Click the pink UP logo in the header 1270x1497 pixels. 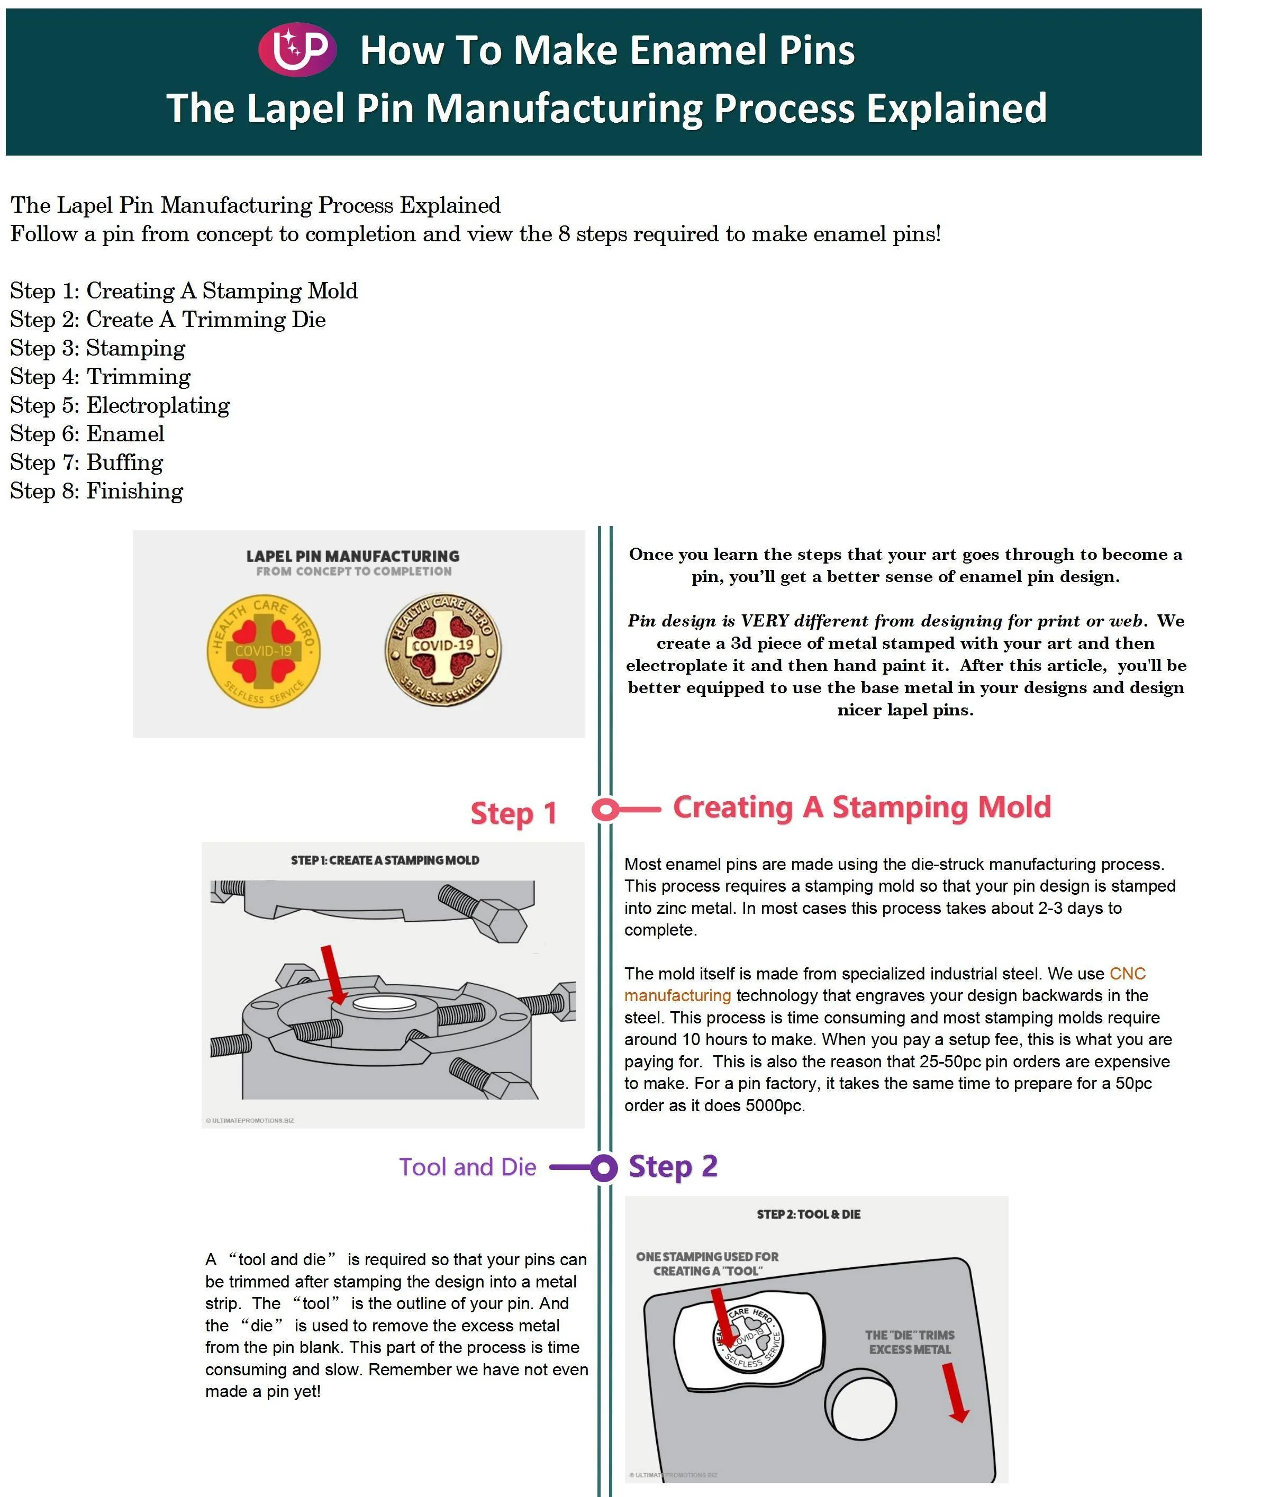click(297, 49)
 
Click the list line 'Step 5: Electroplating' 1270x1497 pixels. click(120, 405)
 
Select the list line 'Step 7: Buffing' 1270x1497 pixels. click(86, 462)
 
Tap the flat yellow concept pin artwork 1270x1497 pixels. click(264, 651)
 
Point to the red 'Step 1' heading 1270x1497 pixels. click(513, 814)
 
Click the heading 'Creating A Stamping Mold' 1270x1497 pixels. click(862, 807)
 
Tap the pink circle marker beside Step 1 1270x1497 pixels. click(606, 809)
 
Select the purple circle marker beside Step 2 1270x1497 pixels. click(603, 1168)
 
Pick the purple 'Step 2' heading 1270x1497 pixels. click(673, 1166)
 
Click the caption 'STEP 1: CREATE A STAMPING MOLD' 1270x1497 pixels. click(385, 860)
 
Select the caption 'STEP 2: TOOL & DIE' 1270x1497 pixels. click(808, 1214)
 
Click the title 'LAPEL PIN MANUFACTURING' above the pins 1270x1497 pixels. click(353, 556)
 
